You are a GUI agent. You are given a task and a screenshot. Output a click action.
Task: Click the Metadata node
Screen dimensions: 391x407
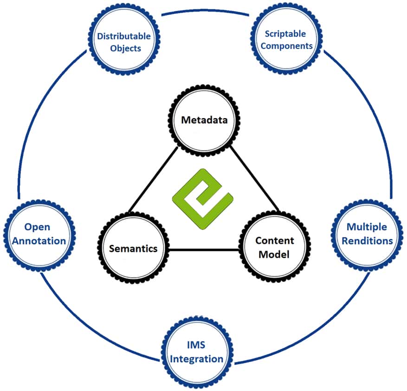pyautogui.click(x=204, y=121)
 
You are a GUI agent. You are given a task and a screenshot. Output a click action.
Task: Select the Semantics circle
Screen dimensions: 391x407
pyautogui.click(x=133, y=248)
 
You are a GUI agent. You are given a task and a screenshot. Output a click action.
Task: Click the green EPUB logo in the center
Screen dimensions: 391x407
pyautogui.click(x=202, y=192)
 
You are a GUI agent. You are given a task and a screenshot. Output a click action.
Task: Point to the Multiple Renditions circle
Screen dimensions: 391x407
pyautogui.click(x=366, y=234)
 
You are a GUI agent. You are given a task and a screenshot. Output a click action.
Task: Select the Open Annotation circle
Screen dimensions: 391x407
pyautogui.click(x=38, y=234)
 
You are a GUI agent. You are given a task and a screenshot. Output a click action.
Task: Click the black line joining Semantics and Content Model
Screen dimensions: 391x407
pyautogui.click(x=204, y=250)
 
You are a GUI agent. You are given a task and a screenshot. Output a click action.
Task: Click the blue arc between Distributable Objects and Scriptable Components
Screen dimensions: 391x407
pyautogui.click(x=204, y=11)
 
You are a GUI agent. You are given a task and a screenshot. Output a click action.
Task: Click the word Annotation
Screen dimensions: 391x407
pyautogui.click(x=38, y=241)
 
